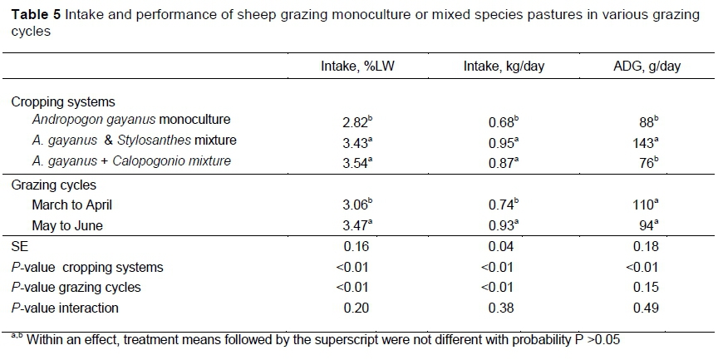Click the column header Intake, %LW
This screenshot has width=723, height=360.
click(x=356, y=67)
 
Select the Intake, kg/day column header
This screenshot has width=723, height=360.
click(x=504, y=67)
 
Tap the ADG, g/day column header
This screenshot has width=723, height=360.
click(x=645, y=67)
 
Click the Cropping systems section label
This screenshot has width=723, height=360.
click(x=63, y=101)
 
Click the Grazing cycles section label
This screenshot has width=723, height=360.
click(x=54, y=185)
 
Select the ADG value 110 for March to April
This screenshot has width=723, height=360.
click(x=642, y=205)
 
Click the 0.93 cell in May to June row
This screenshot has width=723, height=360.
click(x=502, y=225)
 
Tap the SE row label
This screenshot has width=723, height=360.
click(x=19, y=247)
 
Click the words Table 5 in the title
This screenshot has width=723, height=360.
click(x=35, y=16)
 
